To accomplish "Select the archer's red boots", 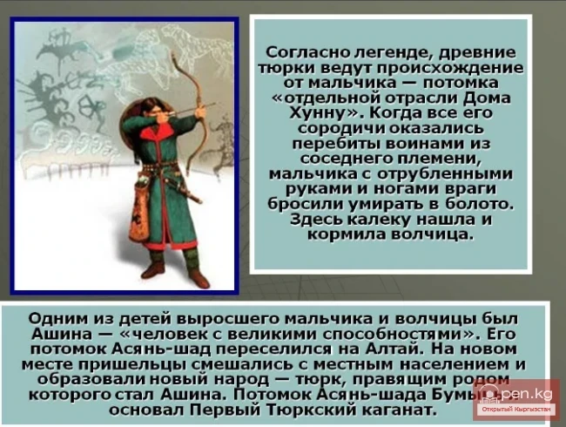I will [x=174, y=270].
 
